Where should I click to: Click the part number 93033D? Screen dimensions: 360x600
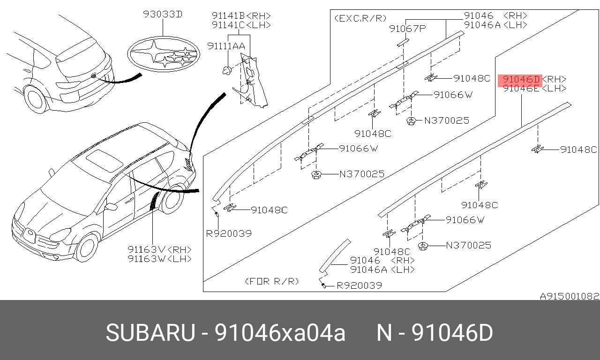coord(163,15)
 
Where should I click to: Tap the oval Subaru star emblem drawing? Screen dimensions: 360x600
coord(164,55)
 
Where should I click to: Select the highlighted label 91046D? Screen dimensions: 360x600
coord(520,79)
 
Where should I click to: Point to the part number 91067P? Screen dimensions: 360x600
coord(407,29)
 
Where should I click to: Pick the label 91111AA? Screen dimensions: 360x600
coord(226,45)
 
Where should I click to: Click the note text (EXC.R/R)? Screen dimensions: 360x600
coord(360,18)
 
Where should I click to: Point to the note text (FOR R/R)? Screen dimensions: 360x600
coord(272,281)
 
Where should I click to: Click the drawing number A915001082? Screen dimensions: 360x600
coord(570,296)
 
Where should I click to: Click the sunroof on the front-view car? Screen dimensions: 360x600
coord(104,159)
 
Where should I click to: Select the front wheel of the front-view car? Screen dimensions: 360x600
coord(87,247)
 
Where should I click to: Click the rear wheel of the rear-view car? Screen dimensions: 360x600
coord(36,99)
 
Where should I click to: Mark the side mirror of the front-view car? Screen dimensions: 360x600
coord(111,207)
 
